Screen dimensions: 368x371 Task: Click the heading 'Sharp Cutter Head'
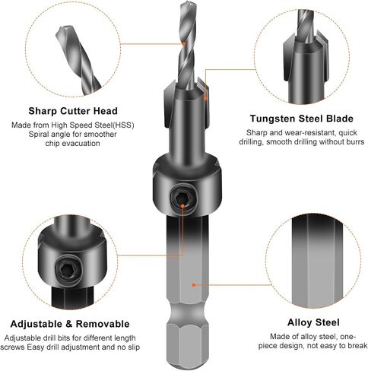(x=73, y=111)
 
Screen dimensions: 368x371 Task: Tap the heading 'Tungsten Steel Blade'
(x=302, y=119)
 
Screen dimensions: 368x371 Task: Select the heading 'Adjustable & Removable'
(x=70, y=324)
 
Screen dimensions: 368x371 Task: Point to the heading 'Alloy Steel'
(x=313, y=322)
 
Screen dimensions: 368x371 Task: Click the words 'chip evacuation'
(x=72, y=144)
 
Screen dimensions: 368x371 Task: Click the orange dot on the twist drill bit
(x=184, y=44)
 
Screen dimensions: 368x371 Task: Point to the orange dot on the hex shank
(x=194, y=285)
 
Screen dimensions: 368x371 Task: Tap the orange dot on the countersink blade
(x=205, y=98)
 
